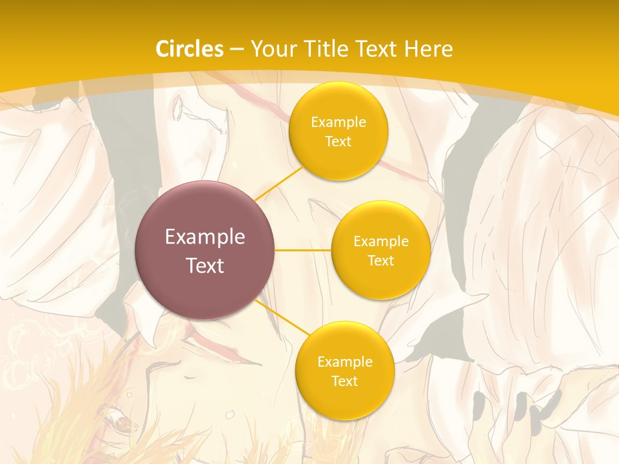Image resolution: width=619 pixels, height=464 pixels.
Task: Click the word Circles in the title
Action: tap(190, 49)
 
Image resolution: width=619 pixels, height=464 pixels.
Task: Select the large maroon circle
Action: tap(205, 250)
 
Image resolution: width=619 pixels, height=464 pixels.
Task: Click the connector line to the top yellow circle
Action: tap(279, 183)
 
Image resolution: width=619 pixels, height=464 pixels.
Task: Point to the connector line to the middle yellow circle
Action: tap(302, 250)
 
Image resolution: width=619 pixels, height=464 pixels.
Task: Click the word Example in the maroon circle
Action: tap(205, 237)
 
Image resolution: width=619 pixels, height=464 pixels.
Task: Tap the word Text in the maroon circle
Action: tap(205, 266)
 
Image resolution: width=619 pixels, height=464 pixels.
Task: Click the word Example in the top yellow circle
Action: tap(339, 122)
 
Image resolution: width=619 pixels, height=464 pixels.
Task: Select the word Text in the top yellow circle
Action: tap(339, 142)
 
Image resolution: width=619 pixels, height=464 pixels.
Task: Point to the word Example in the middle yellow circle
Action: tap(381, 242)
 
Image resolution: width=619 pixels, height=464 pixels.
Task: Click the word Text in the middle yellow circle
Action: tap(381, 261)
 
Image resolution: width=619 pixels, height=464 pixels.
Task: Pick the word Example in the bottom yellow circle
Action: tap(345, 362)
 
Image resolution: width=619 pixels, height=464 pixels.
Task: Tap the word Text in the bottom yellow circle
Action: tap(345, 382)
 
